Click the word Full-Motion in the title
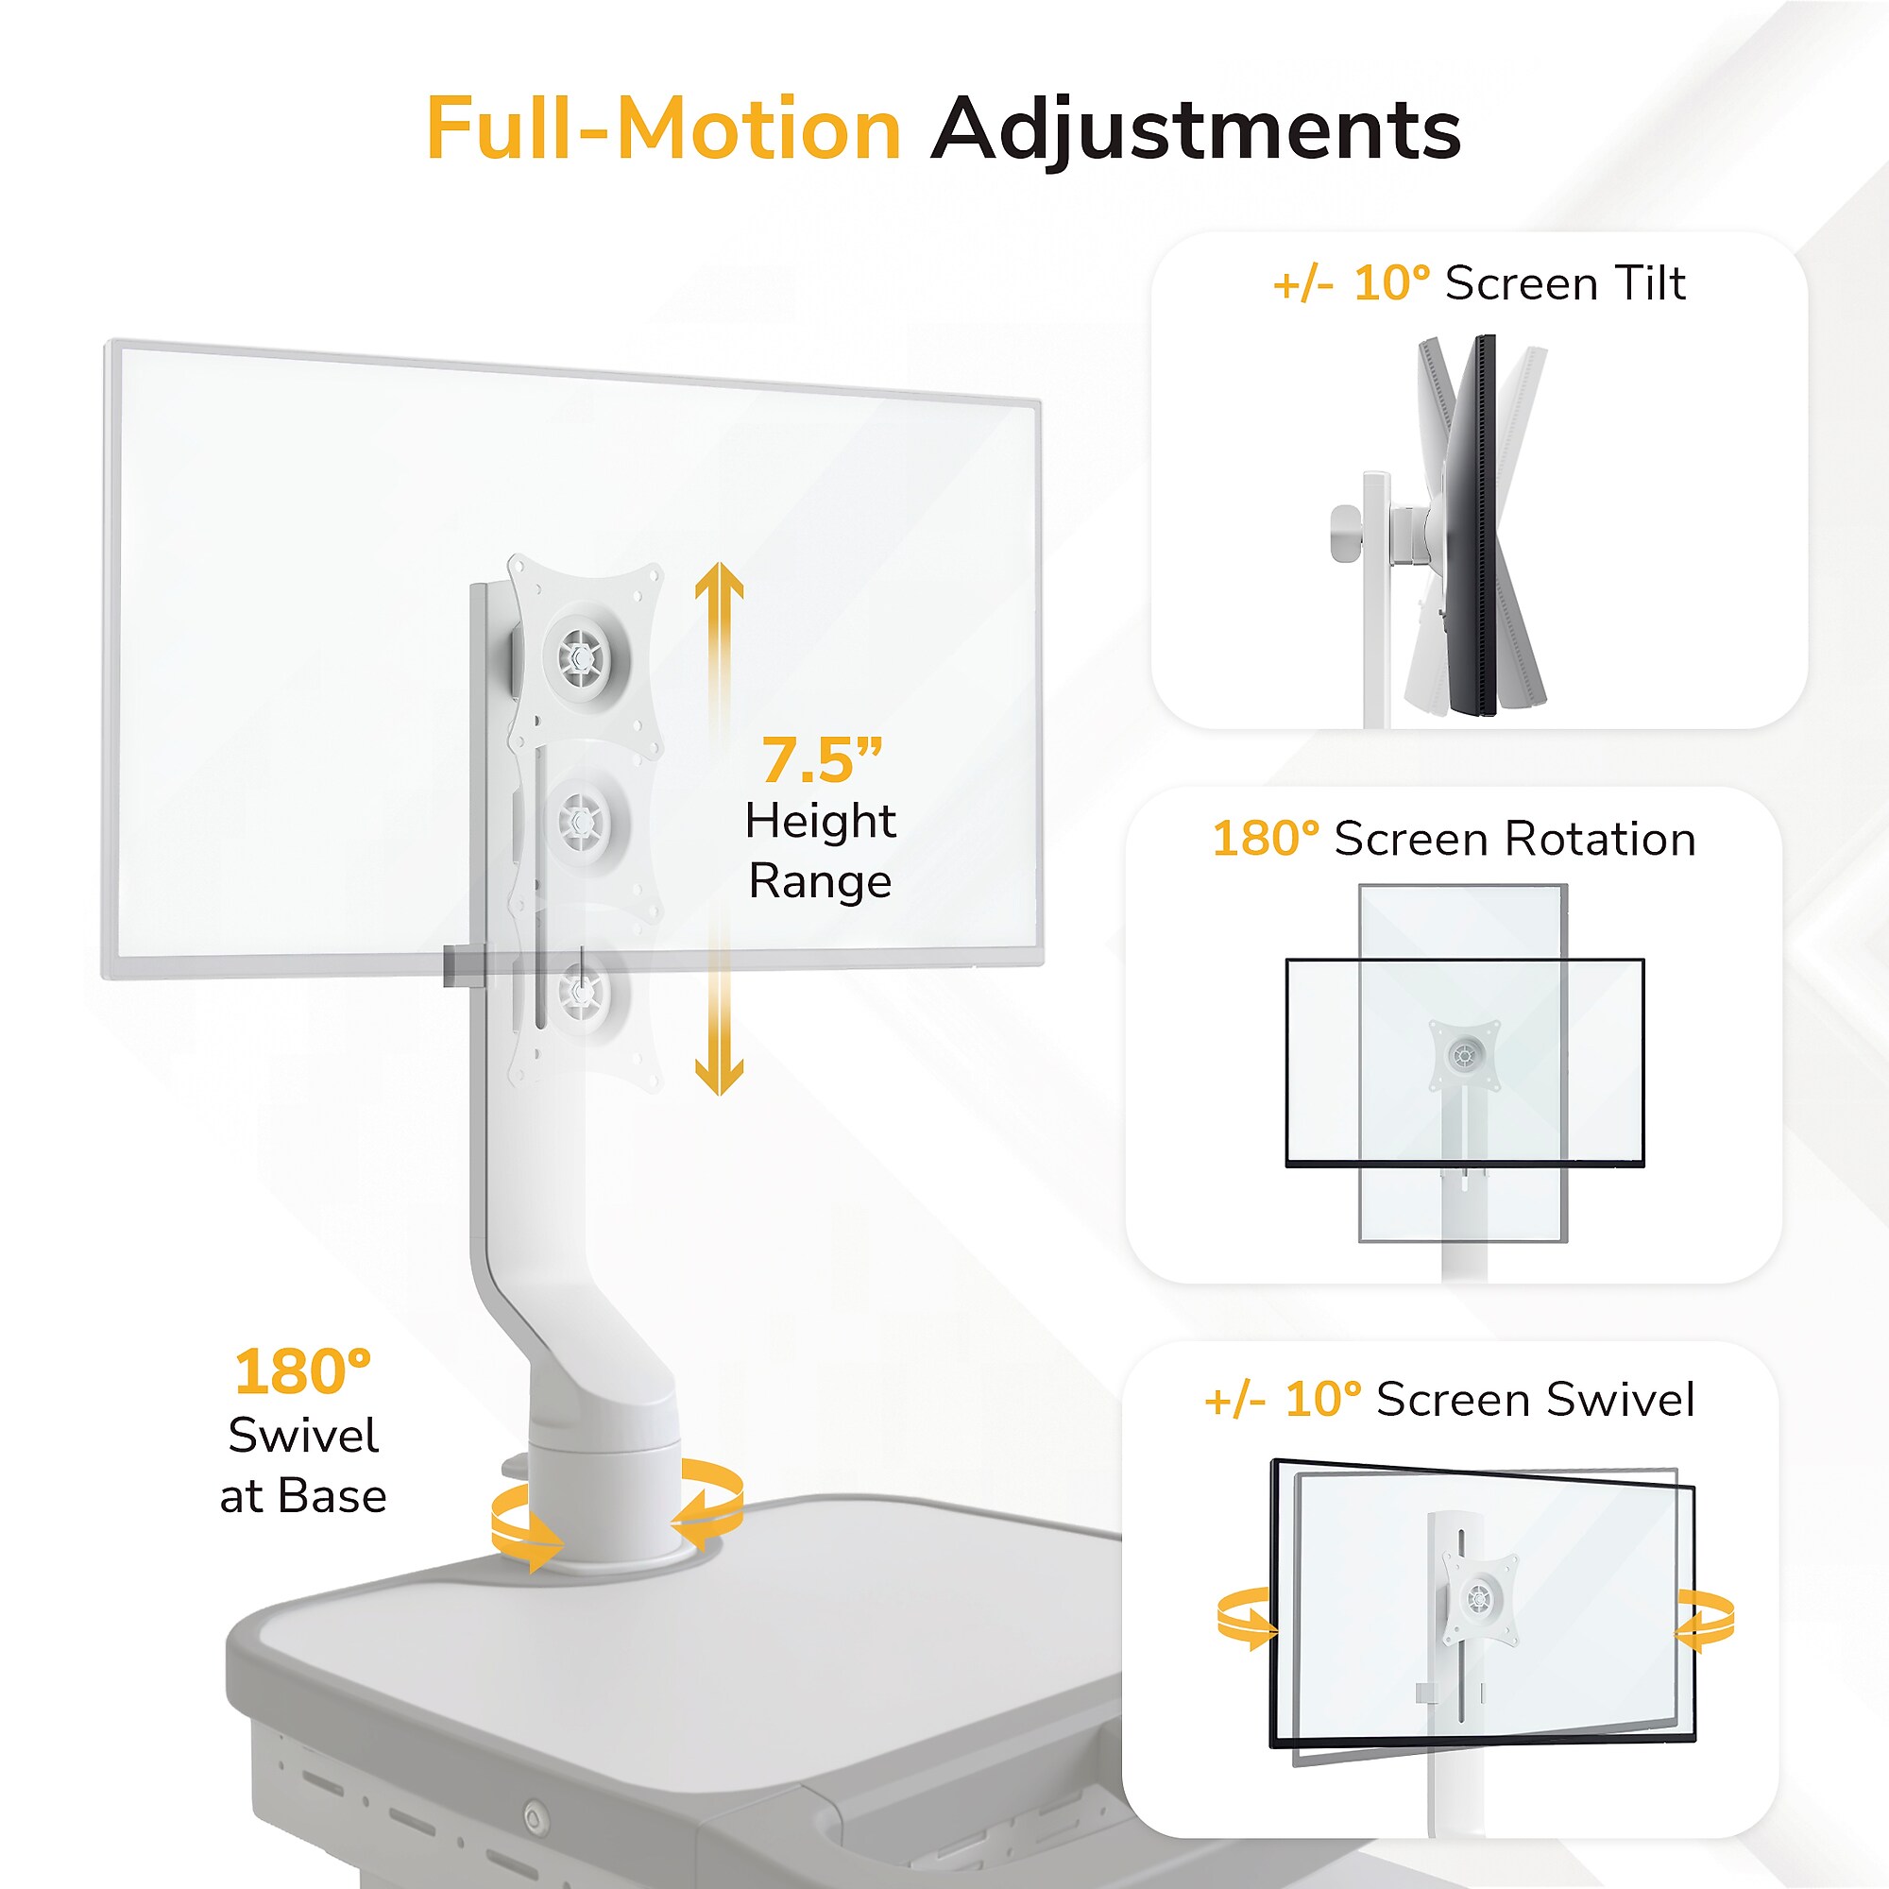pyautogui.click(x=663, y=129)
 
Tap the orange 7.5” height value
pyautogui.click(x=822, y=759)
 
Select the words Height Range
pyautogui.click(x=821, y=851)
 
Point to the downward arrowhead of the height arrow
pyautogui.click(x=719, y=1076)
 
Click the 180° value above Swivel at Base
pyautogui.click(x=303, y=1371)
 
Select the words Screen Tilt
pyautogui.click(x=1565, y=283)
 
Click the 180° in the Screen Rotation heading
pyautogui.click(x=1266, y=839)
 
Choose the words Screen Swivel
pyautogui.click(x=1535, y=1399)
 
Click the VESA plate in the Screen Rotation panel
pyautogui.click(x=1464, y=1056)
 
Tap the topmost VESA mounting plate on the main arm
pyautogui.click(x=585, y=654)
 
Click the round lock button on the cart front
pyautogui.click(x=533, y=1816)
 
